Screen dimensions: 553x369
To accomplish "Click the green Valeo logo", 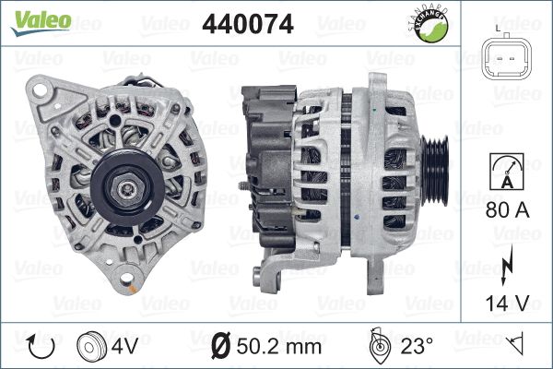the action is (41, 22).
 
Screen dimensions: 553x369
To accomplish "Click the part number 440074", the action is (248, 24).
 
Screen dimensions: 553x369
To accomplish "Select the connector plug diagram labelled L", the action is (507, 58).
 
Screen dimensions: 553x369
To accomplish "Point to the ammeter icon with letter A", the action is (507, 172).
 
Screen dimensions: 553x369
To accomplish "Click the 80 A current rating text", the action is (507, 210).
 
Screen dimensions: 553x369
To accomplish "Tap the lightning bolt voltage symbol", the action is (506, 266).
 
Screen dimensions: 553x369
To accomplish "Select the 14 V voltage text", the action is (507, 304).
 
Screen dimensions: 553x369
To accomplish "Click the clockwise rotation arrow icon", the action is (41, 347).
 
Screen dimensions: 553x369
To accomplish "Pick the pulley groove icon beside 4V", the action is (91, 347).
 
